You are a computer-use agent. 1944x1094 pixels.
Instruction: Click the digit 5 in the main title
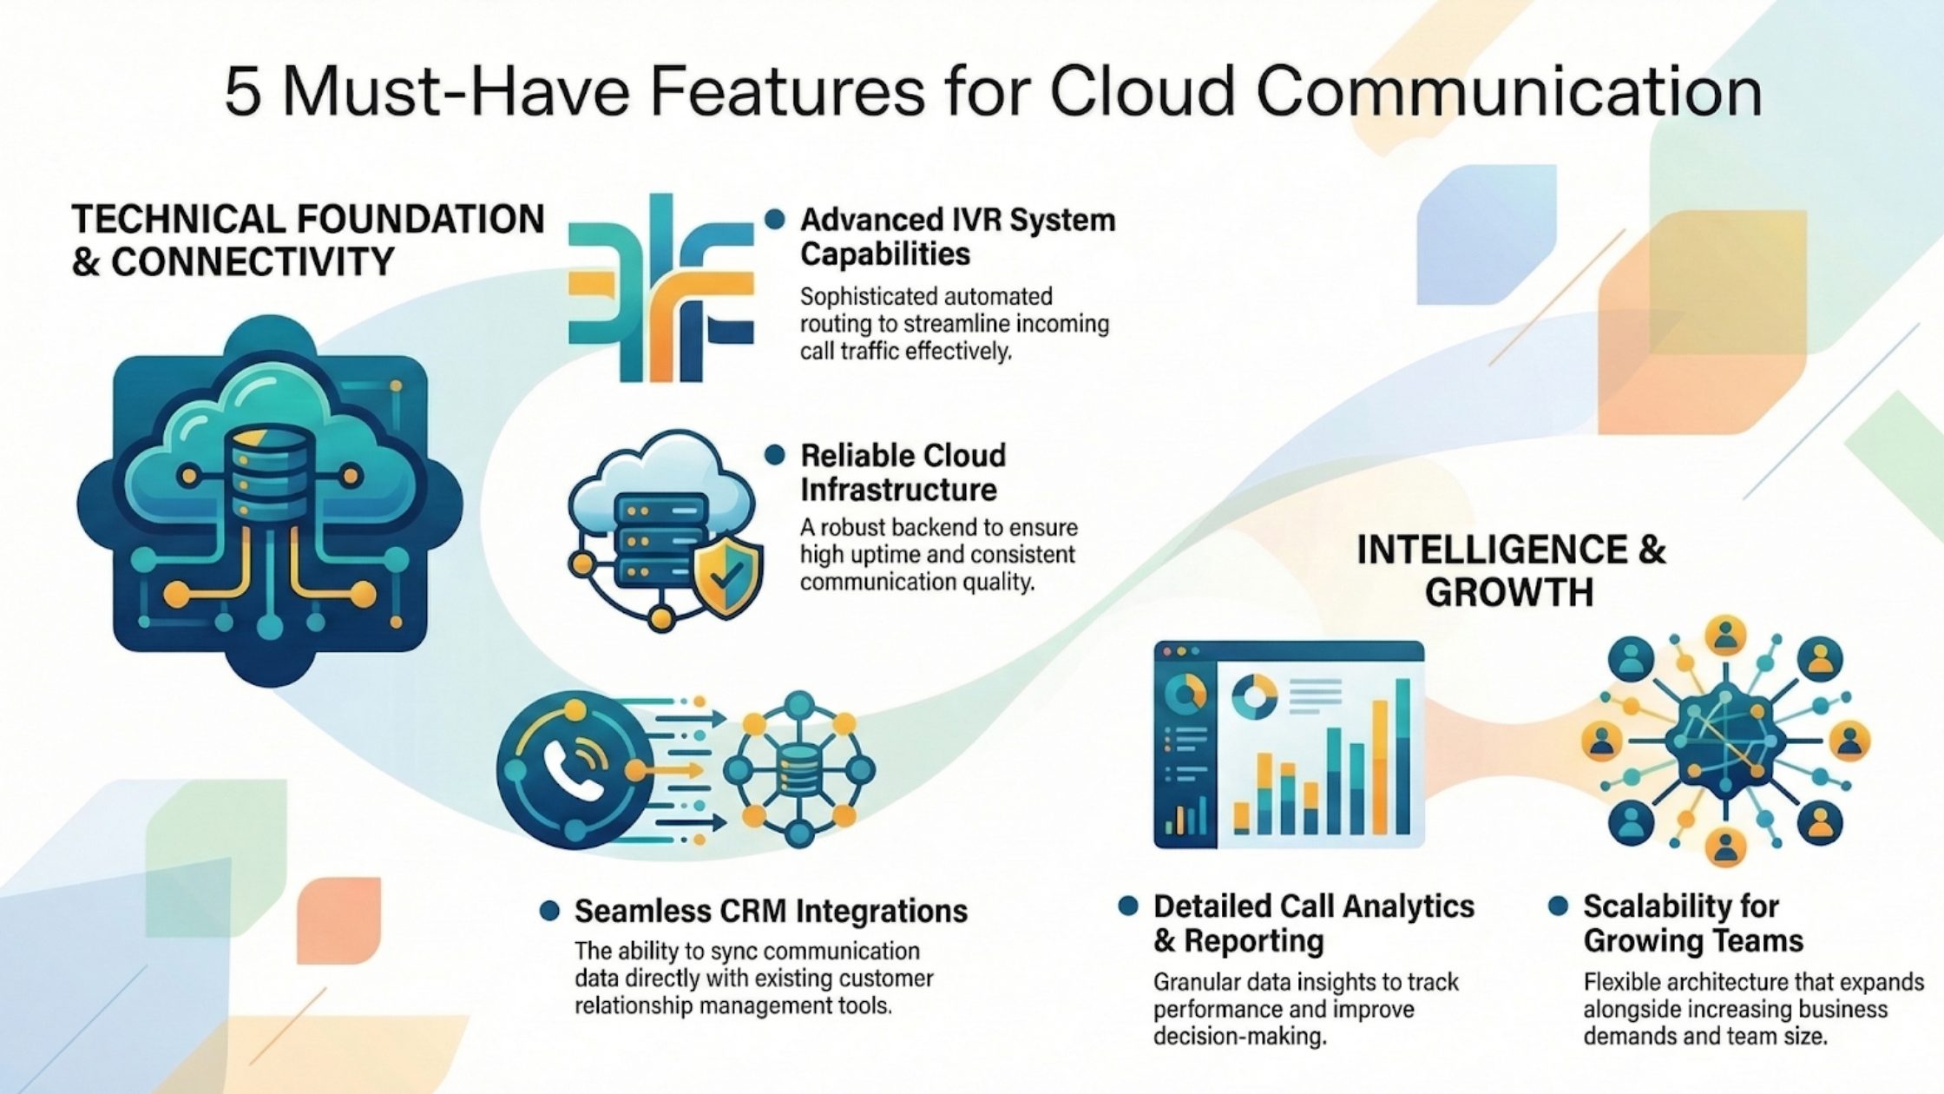243,92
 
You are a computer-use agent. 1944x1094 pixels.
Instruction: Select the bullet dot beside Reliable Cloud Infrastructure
774,455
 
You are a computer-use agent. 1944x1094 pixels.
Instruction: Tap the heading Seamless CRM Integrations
771,911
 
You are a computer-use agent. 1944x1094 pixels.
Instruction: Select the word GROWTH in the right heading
1509,592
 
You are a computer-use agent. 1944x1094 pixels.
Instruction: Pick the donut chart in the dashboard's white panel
1255,696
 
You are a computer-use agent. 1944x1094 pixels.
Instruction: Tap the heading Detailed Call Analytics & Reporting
1313,923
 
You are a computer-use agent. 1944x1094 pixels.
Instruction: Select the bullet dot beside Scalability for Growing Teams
1558,906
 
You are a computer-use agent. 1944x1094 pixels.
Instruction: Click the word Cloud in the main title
1141,92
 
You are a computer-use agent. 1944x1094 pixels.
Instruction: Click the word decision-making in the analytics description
1240,1037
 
